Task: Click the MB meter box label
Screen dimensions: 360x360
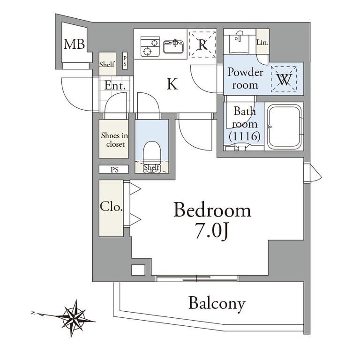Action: pos(74,44)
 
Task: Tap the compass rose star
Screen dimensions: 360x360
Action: pos(73,318)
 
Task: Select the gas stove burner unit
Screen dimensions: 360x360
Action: pos(150,46)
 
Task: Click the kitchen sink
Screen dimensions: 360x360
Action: pos(173,46)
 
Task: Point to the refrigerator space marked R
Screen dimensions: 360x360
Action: pos(202,44)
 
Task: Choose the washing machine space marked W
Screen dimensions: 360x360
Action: pos(284,79)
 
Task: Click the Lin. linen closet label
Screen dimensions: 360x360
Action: pos(262,42)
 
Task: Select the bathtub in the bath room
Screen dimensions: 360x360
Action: pos(284,127)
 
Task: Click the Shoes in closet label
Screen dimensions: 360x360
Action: pos(114,140)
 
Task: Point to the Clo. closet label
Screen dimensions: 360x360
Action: pos(111,207)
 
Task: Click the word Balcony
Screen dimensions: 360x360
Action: pos(217,304)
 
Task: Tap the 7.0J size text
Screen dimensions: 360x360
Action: pos(212,231)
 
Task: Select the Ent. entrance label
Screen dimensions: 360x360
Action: pos(115,85)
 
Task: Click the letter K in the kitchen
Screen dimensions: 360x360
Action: pos(172,84)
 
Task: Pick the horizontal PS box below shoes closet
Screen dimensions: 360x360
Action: pos(114,169)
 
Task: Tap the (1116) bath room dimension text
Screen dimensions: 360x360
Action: pos(245,136)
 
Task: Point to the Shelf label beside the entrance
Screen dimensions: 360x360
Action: pos(107,64)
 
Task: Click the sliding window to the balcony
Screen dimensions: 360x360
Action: pos(197,278)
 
